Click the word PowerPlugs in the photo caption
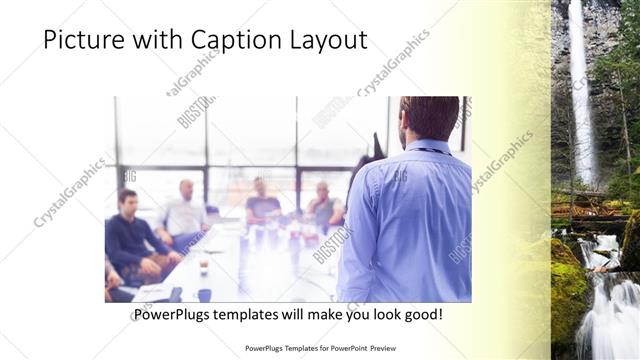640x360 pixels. click(169, 315)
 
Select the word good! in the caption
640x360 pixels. click(421, 315)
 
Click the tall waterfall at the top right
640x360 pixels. click(579, 90)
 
